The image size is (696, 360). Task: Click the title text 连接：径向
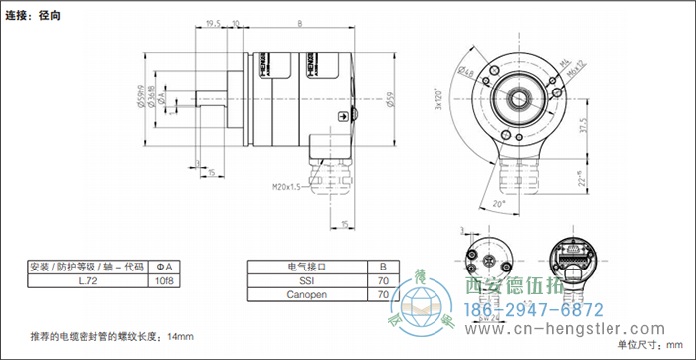pos(32,15)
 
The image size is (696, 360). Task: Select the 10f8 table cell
pos(166,281)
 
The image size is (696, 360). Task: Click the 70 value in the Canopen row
pos(383,296)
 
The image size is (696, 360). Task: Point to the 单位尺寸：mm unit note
pos(651,345)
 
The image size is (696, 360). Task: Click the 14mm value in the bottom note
pos(180,336)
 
